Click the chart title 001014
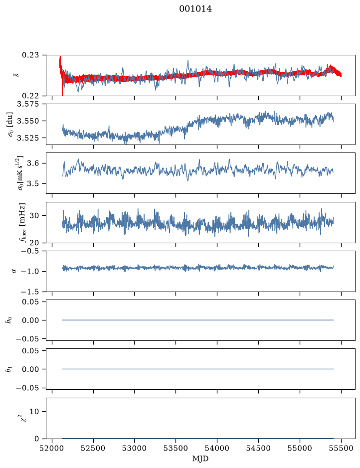pyautogui.click(x=195, y=9)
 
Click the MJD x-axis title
pyautogui.click(x=200, y=459)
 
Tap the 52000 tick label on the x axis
pyautogui.click(x=52, y=448)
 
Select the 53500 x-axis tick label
pyautogui.click(x=176, y=448)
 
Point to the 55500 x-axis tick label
pyautogui.click(x=341, y=448)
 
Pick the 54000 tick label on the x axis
pyautogui.click(x=217, y=448)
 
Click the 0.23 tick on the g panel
pyautogui.click(x=30, y=55)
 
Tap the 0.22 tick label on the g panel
pyautogui.click(x=30, y=96)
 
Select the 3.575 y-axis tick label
pyautogui.click(x=28, y=104)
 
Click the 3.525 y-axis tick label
pyautogui.click(x=28, y=138)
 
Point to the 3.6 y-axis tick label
pyautogui.click(x=33, y=163)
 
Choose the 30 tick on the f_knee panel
pyautogui.click(x=34, y=215)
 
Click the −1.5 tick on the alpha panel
pyautogui.click(x=30, y=291)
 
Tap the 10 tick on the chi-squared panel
pyautogui.click(x=34, y=411)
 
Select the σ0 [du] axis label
pyautogui.click(x=11, y=125)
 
